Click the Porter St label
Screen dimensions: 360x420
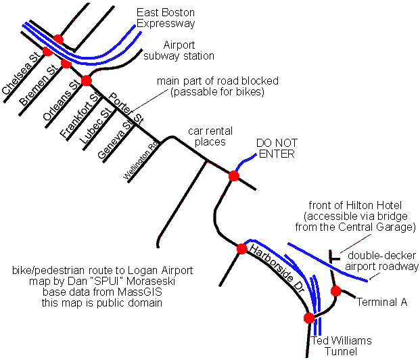(x=126, y=108)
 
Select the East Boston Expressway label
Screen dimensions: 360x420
(x=166, y=18)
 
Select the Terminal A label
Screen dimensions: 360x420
(x=381, y=302)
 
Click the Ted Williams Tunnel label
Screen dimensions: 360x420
(x=341, y=346)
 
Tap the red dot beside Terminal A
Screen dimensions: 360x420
(x=335, y=291)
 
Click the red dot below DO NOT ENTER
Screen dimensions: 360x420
(x=233, y=176)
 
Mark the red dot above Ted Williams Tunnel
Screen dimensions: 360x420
(x=309, y=317)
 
